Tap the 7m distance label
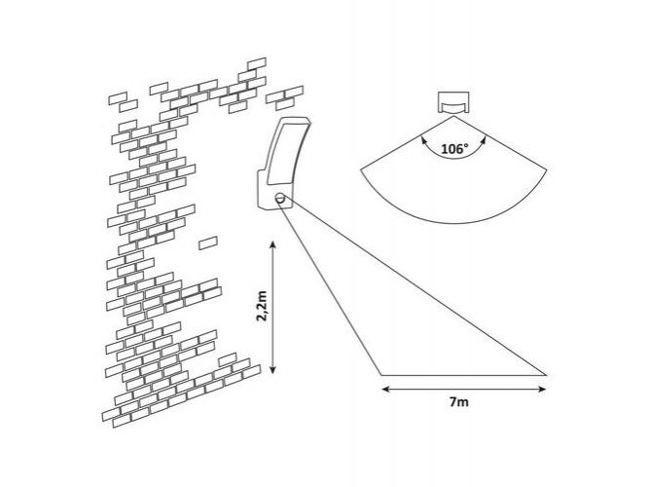[x=458, y=402]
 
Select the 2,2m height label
[x=262, y=306]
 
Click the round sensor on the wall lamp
[x=280, y=198]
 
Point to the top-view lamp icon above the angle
[x=453, y=102]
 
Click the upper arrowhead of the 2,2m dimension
[x=272, y=245]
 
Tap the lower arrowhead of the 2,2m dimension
[x=272, y=369]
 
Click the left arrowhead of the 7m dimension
[x=386, y=389]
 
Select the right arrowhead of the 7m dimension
[x=542, y=389]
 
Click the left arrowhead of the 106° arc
[x=423, y=139]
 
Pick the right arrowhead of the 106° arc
[x=484, y=139]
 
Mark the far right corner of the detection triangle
[x=547, y=375]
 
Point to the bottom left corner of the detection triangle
[x=381, y=375]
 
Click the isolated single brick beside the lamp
[x=208, y=243]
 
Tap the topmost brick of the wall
[x=256, y=64]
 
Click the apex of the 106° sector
[x=453, y=116]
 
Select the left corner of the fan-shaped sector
[x=361, y=169]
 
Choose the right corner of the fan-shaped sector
[x=547, y=169]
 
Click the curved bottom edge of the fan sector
[x=453, y=223]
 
